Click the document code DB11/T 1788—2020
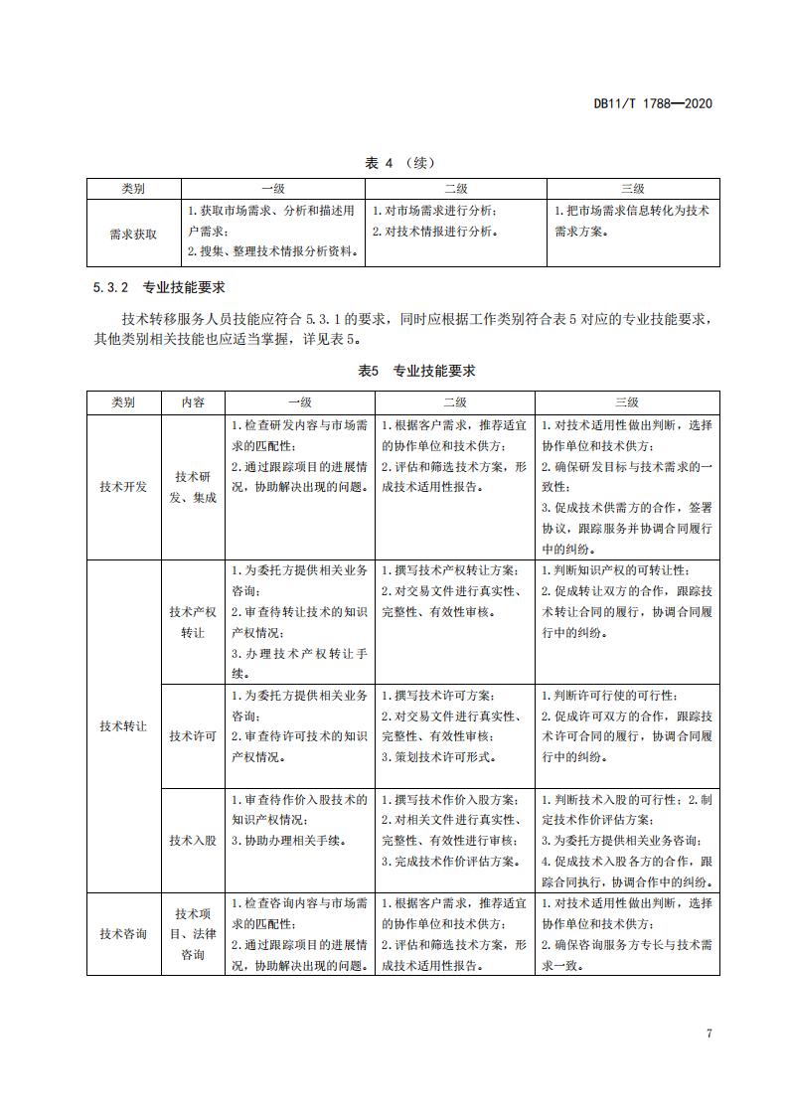652,103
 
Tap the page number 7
709,1034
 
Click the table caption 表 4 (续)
394,163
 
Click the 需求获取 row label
133,235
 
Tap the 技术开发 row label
123,487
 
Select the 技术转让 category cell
123,726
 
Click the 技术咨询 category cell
123,934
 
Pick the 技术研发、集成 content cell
193,487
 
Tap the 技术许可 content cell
193,736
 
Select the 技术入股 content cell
193,841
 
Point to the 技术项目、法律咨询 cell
193,934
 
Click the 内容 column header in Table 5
193,402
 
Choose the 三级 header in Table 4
632,188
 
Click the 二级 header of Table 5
455,402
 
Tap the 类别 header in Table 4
133,188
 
